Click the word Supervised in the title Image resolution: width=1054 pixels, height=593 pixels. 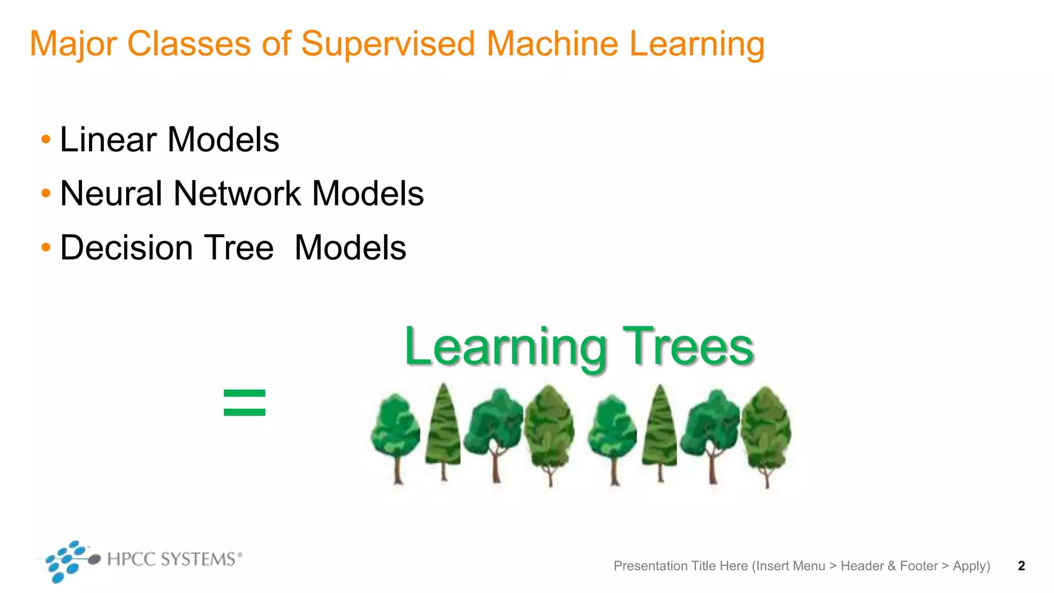(388, 44)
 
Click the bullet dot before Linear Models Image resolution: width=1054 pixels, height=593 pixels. (46, 139)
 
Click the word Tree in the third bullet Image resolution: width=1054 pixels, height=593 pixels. (239, 248)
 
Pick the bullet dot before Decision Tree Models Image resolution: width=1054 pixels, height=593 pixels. (46, 248)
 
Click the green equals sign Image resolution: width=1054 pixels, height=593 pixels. (244, 403)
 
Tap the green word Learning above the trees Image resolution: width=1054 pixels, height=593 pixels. (505, 348)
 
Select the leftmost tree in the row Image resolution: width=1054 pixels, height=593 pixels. (395, 435)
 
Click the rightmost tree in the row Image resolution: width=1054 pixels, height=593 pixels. (766, 435)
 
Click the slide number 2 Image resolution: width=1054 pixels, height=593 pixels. (1021, 566)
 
